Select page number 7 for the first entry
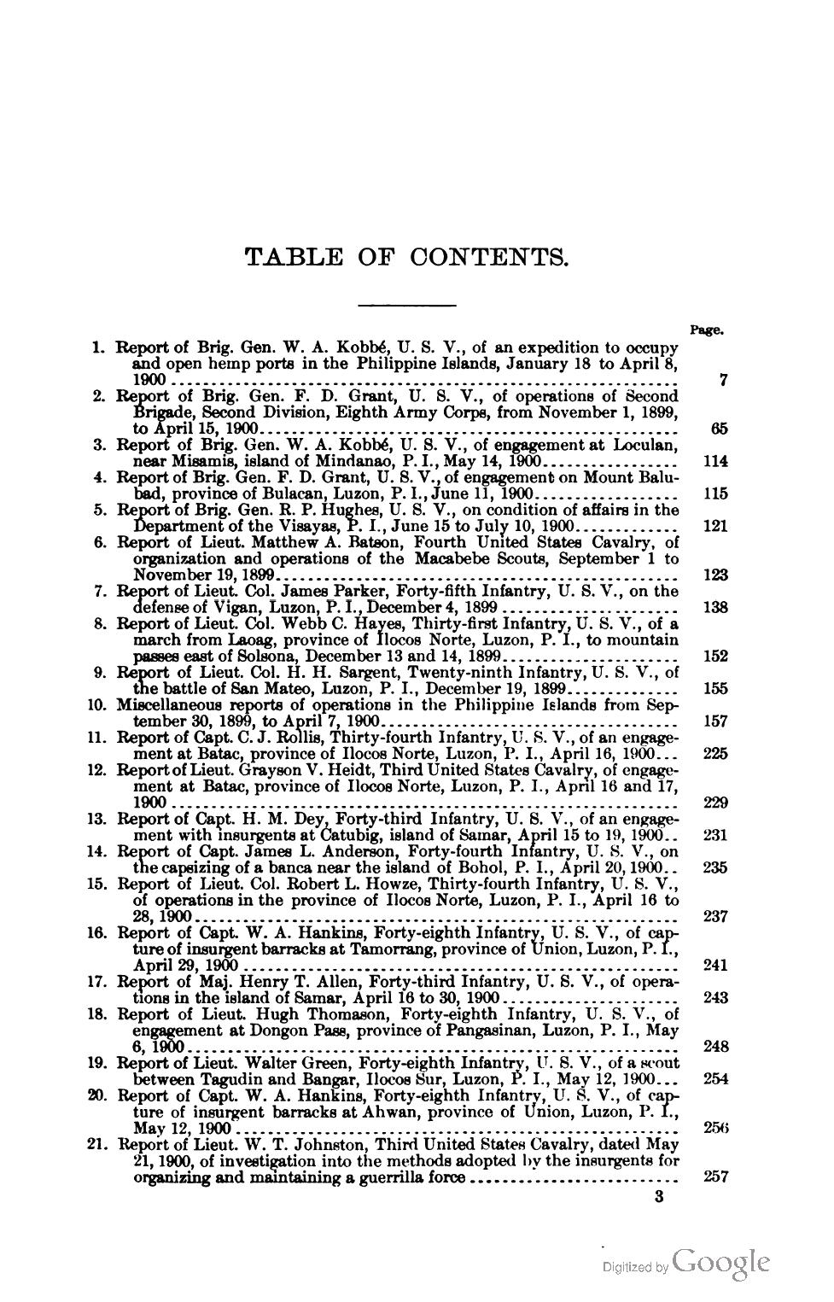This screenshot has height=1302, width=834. (722, 381)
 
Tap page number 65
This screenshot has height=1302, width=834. (718, 429)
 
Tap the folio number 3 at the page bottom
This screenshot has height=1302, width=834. (657, 1197)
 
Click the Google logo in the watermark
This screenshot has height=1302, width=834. (721, 1262)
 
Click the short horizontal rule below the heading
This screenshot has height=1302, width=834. (406, 305)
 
